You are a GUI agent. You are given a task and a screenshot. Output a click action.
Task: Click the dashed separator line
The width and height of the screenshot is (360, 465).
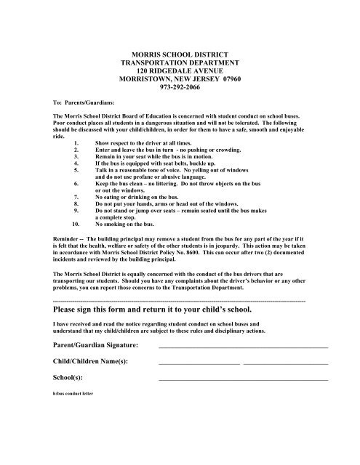coord(180,299)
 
